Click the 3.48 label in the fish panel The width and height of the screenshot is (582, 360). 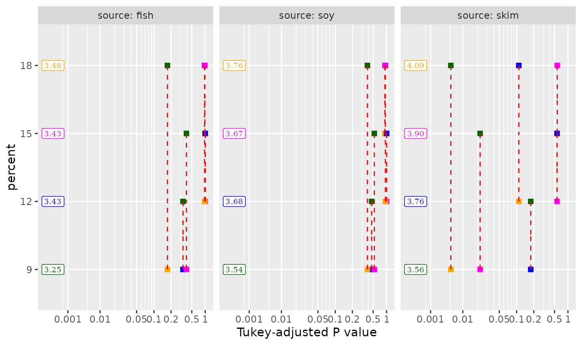click(53, 66)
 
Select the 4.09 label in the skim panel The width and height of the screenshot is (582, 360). click(415, 66)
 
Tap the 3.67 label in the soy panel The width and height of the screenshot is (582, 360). click(234, 133)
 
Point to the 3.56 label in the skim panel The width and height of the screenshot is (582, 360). click(415, 269)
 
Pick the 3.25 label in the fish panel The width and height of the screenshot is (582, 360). click(53, 269)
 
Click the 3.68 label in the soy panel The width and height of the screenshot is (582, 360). click(234, 202)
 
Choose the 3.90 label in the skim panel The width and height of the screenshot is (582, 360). click(415, 133)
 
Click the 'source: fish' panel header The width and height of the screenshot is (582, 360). click(126, 16)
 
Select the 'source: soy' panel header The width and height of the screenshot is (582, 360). click(307, 16)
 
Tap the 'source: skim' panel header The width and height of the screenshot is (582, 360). click(488, 16)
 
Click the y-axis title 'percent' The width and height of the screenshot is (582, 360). click(12, 167)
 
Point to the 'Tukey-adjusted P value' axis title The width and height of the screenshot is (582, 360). click(307, 333)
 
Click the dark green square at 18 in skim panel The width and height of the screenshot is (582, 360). click(451, 65)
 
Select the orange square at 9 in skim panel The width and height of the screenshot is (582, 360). click(451, 269)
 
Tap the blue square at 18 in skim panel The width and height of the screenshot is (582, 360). click(519, 65)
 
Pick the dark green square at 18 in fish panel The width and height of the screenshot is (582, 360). click(167, 65)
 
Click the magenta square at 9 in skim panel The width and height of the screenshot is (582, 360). click(480, 269)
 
